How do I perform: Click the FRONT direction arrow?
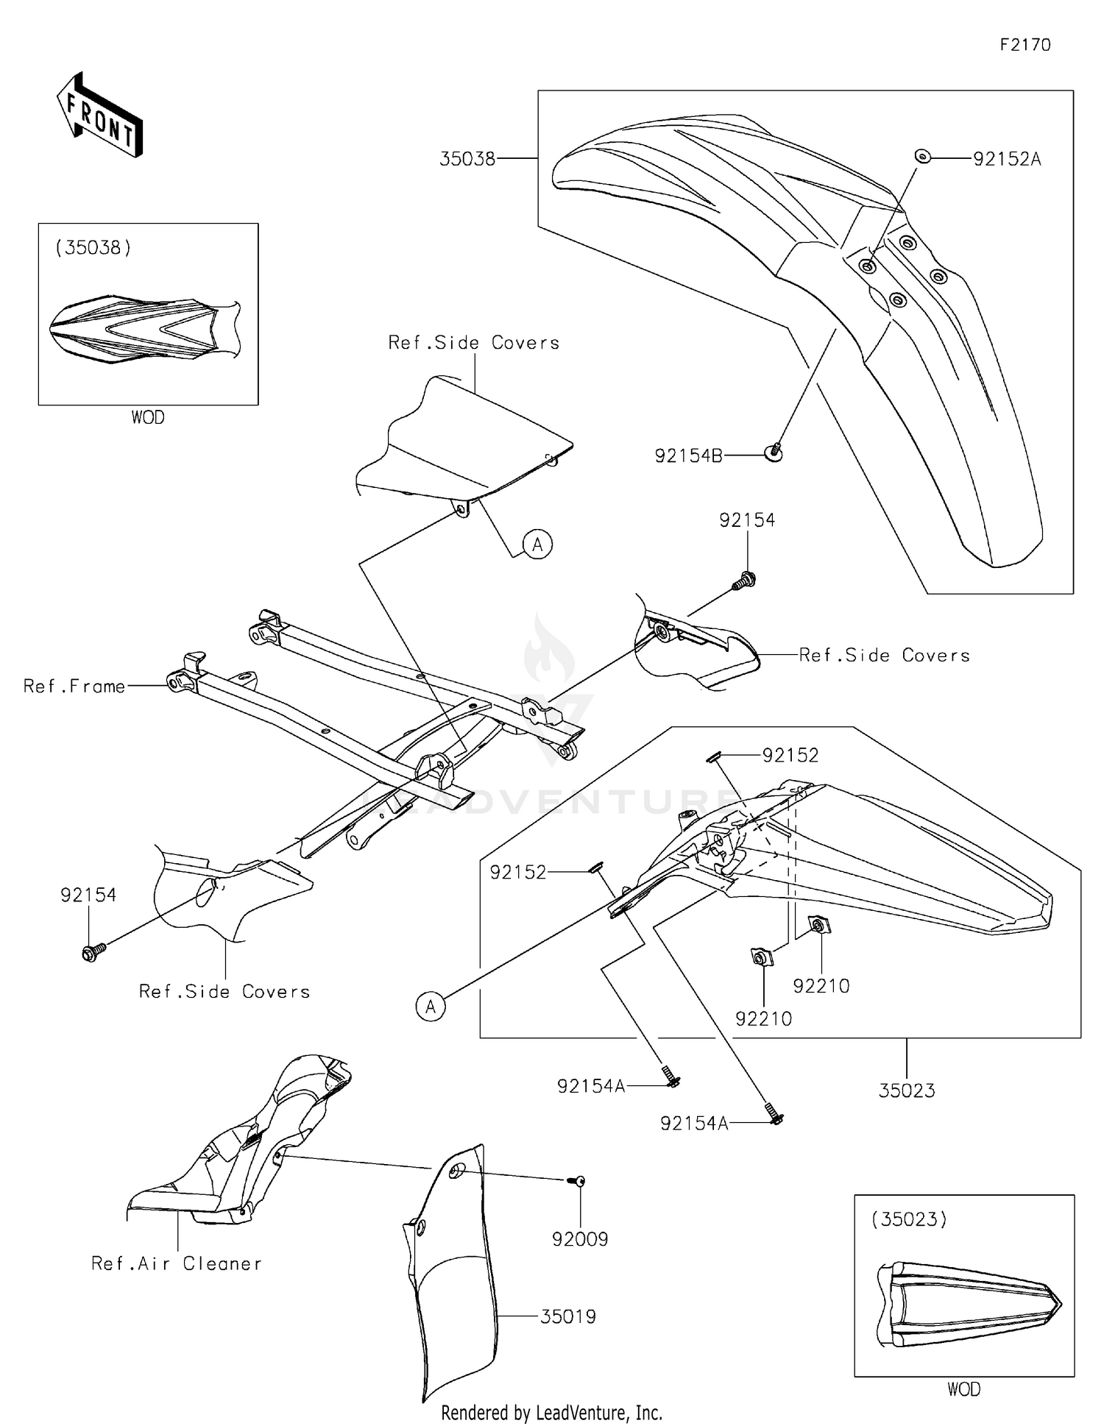click(99, 116)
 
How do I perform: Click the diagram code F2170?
click(1025, 45)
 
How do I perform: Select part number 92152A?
click(1006, 159)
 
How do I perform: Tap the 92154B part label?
click(688, 456)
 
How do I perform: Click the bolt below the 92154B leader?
click(775, 453)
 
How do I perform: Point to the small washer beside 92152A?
click(921, 156)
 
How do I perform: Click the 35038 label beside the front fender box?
click(467, 159)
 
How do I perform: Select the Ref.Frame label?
click(74, 687)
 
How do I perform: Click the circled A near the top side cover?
click(537, 544)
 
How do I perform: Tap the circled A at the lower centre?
click(431, 1006)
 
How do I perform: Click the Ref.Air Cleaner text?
click(176, 1263)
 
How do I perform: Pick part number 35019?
click(567, 1316)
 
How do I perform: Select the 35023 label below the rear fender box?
click(906, 1090)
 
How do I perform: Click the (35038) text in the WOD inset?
click(93, 247)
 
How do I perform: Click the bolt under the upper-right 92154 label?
click(744, 581)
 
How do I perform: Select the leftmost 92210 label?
click(763, 1018)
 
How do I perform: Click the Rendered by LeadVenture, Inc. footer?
click(551, 1412)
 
